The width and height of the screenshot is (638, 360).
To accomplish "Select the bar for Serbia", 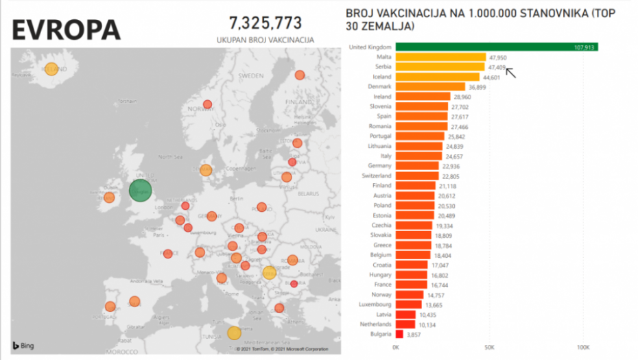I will [x=440, y=67].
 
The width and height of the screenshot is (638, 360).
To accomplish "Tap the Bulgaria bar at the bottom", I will [x=399, y=334].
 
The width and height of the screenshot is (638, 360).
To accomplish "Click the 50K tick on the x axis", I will [x=490, y=348].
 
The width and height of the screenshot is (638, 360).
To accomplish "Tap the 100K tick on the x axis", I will [x=584, y=348].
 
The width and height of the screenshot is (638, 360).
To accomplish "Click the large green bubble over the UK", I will [x=141, y=191].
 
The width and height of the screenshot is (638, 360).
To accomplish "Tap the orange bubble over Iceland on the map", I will [x=51, y=69].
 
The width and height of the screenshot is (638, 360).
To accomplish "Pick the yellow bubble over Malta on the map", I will [x=234, y=333].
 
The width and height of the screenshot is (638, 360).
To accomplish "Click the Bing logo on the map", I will [x=23, y=345].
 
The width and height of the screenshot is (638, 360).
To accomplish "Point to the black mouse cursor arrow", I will [x=510, y=72].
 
